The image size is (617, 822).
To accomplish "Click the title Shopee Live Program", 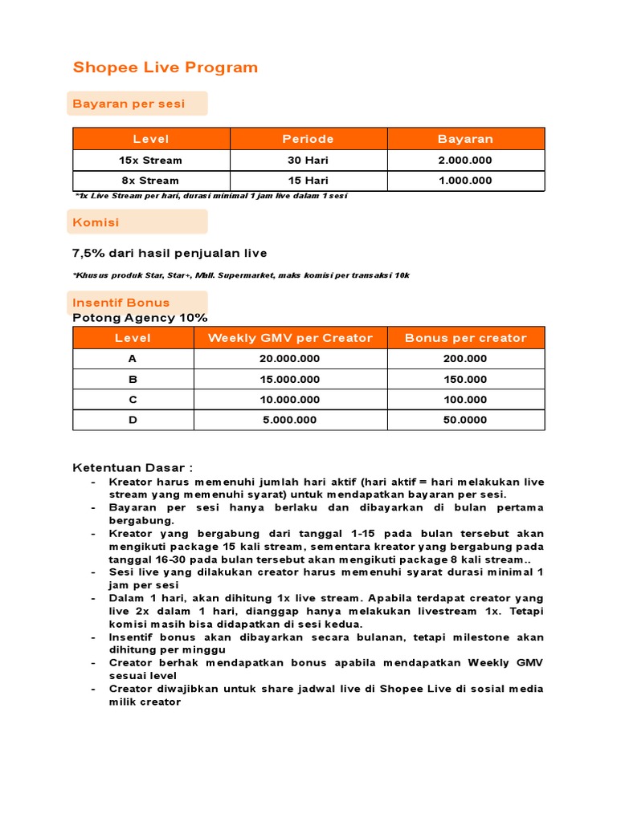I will (165, 67).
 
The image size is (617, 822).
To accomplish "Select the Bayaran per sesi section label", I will (129, 104).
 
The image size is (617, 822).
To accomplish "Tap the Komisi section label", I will (96, 222).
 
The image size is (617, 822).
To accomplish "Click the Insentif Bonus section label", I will (121, 303).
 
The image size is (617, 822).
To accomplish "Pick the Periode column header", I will (308, 139).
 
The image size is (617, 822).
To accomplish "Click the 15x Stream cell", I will (151, 160).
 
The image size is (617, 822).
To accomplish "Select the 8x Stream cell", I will (151, 181).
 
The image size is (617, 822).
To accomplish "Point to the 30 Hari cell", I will (308, 160).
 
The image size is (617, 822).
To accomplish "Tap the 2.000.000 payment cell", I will (465, 160).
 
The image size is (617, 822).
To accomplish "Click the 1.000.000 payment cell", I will (465, 181).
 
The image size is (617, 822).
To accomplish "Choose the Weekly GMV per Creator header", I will (290, 338).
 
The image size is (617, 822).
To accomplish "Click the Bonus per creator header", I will (465, 338).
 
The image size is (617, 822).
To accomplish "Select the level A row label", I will (133, 359).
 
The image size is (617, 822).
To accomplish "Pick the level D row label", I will (133, 420).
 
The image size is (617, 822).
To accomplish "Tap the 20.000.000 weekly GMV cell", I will (290, 359).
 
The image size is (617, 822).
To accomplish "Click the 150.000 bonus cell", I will (465, 379).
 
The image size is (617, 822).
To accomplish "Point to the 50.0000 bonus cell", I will (465, 420).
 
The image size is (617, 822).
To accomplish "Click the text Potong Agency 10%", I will (140, 317).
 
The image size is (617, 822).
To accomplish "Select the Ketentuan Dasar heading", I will (133, 468).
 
